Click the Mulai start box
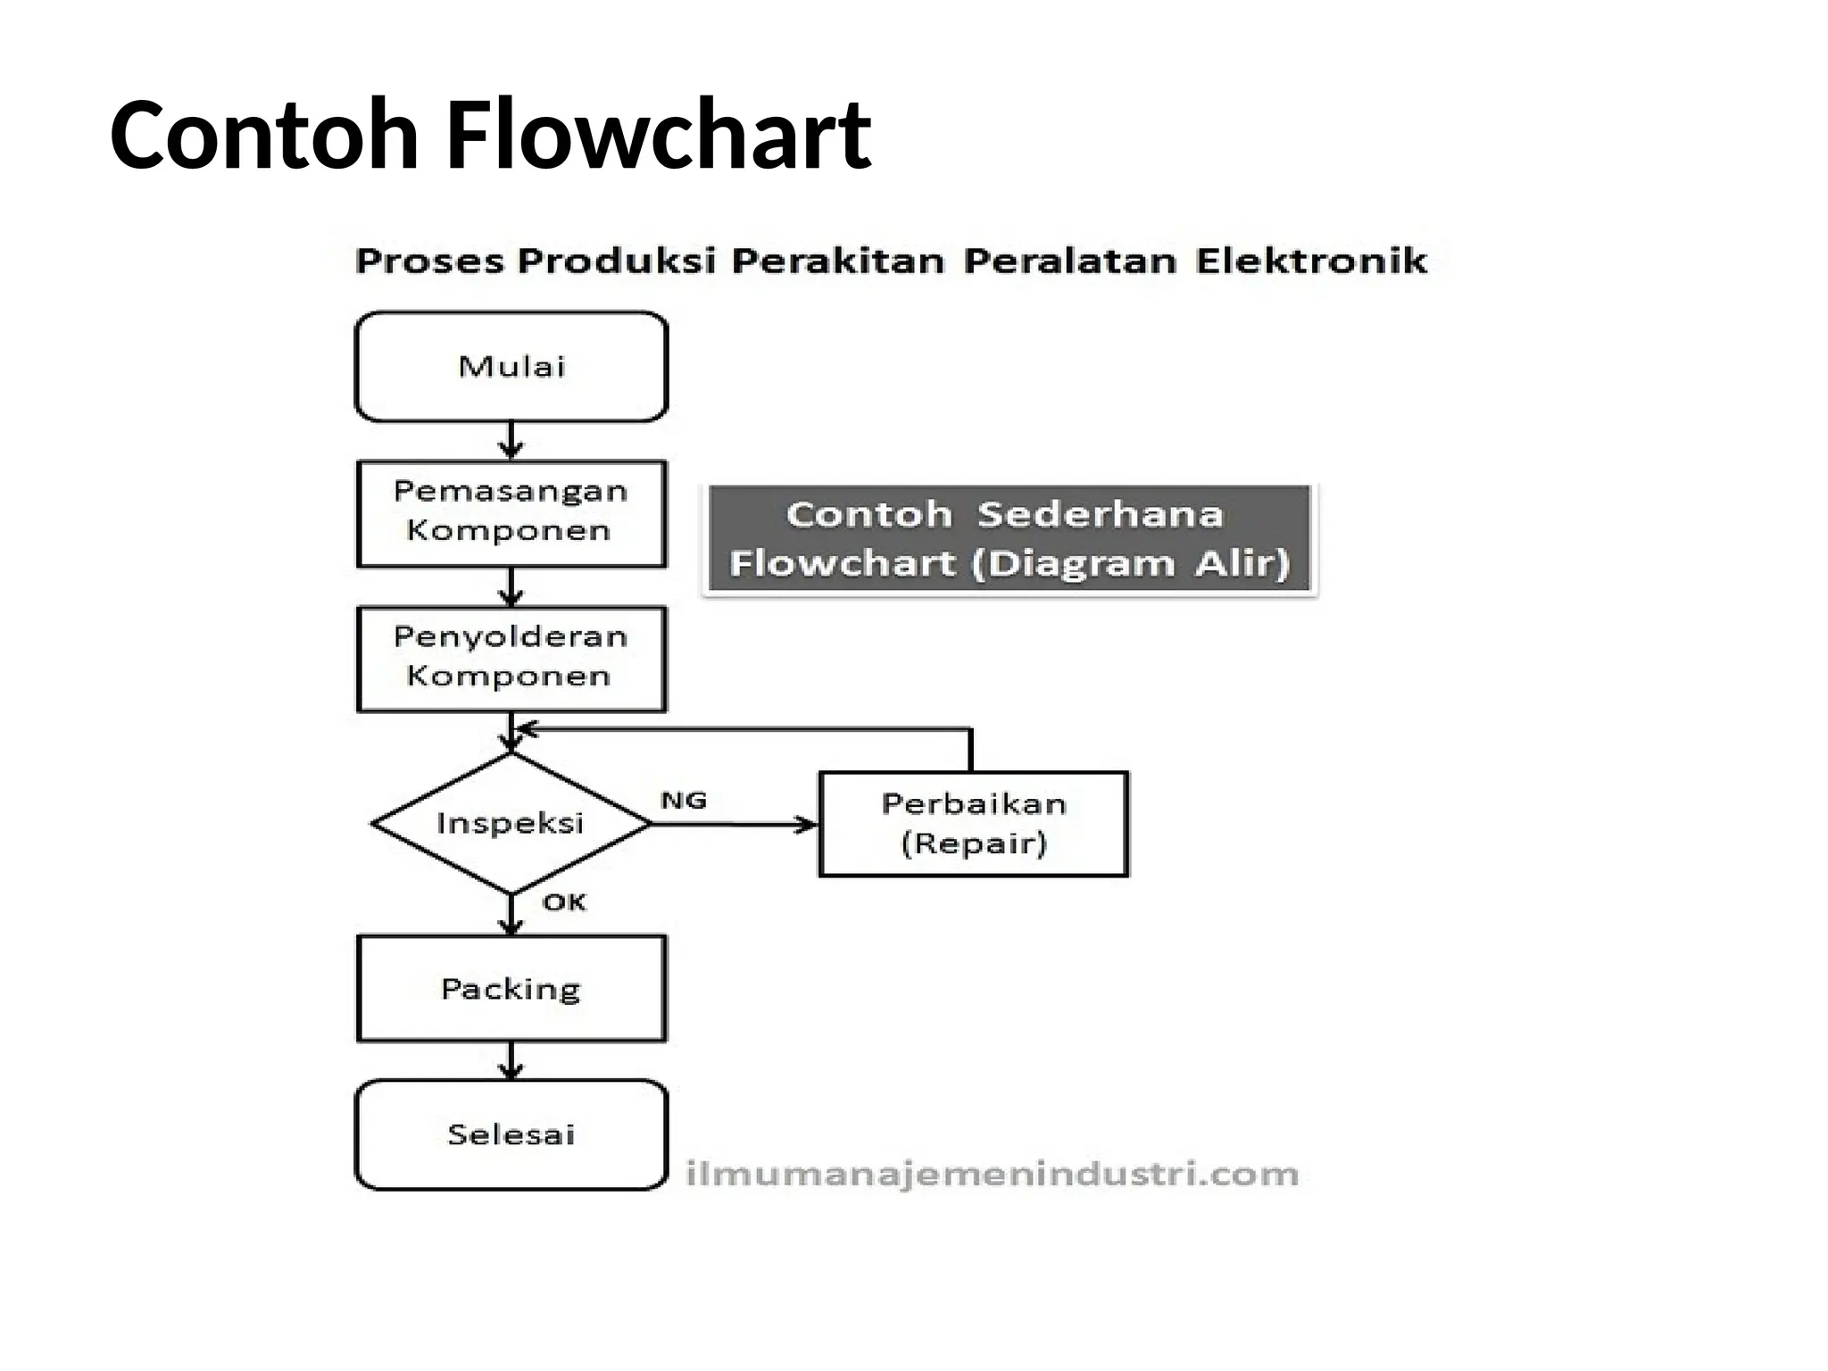(x=511, y=366)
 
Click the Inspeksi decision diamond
(x=511, y=823)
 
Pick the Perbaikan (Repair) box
(x=973, y=823)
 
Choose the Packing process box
(x=511, y=988)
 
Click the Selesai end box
(x=511, y=1134)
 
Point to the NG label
(x=684, y=801)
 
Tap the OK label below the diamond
(x=564, y=902)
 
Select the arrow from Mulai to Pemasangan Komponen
(x=511, y=440)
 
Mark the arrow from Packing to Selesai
(x=511, y=1060)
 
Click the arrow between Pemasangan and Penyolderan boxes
(x=511, y=586)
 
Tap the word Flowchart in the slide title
(x=658, y=135)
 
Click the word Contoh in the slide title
(x=264, y=135)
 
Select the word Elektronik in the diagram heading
(x=1311, y=261)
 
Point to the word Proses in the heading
(x=429, y=261)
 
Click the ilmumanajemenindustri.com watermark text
(x=992, y=1174)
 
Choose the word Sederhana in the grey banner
(x=1100, y=515)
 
